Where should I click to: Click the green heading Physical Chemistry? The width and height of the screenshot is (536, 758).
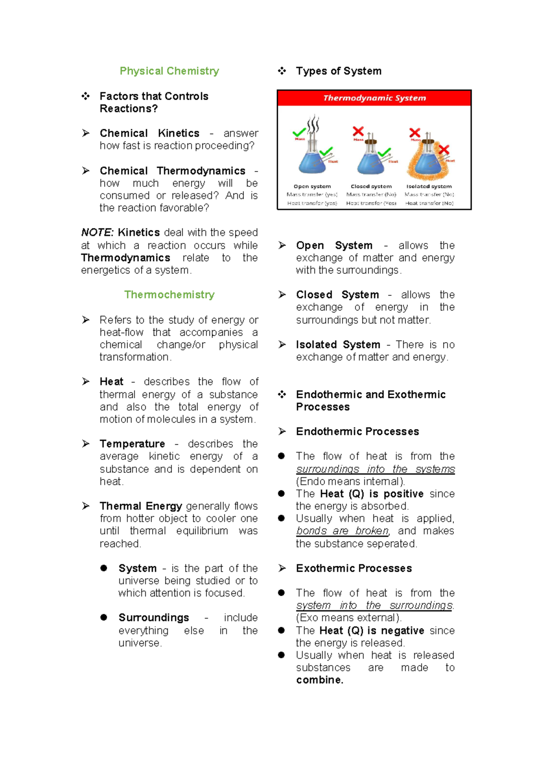coord(169,71)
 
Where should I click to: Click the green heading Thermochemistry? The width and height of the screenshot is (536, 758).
coord(169,295)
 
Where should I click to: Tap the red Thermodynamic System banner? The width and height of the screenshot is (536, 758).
coord(374,98)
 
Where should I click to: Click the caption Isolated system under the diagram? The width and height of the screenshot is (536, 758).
coord(429,186)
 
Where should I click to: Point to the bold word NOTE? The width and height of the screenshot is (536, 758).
coord(97,233)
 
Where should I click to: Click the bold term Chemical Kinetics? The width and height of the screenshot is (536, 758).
coord(150,133)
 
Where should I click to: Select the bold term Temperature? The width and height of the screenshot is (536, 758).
coord(132,444)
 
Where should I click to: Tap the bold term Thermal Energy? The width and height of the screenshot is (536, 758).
coord(141,506)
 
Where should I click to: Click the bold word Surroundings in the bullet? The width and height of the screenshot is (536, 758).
coord(154,618)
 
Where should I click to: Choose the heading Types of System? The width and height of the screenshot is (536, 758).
coord(339,71)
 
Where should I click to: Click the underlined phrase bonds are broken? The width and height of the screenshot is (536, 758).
coord(342,531)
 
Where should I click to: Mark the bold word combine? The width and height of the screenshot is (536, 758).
coord(319,680)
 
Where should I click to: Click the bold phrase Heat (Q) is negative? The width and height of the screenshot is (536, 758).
coord(372,631)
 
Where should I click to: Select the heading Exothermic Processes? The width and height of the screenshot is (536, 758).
coord(354,568)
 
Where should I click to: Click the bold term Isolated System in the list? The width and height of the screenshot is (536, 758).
coord(338,345)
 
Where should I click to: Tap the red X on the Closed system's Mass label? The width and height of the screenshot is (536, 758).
coord(358,131)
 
